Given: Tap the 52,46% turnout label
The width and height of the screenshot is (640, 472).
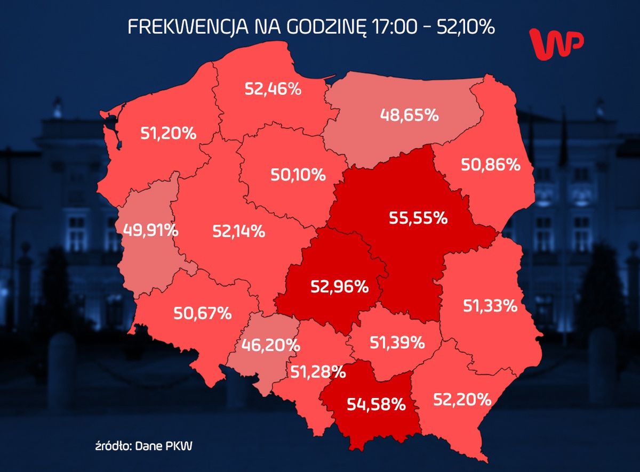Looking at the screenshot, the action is pos(273,88).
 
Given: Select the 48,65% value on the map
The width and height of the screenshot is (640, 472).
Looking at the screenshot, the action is pos(409,114).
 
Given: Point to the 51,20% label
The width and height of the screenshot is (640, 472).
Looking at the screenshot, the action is pos(169,133).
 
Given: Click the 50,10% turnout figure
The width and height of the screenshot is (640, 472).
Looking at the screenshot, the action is pos(298,174).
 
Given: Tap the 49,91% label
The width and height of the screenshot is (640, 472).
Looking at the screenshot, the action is pos(150,230).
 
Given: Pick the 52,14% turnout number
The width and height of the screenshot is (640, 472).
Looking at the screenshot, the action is pos(238,231).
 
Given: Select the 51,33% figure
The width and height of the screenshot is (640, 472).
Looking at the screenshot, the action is pos(489,306).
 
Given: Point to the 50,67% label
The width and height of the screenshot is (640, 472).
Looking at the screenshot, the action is pos(203,313).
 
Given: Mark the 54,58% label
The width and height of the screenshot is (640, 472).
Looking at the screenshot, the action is pos(377,404).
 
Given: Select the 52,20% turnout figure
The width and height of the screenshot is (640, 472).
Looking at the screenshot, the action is pos(462,397).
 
